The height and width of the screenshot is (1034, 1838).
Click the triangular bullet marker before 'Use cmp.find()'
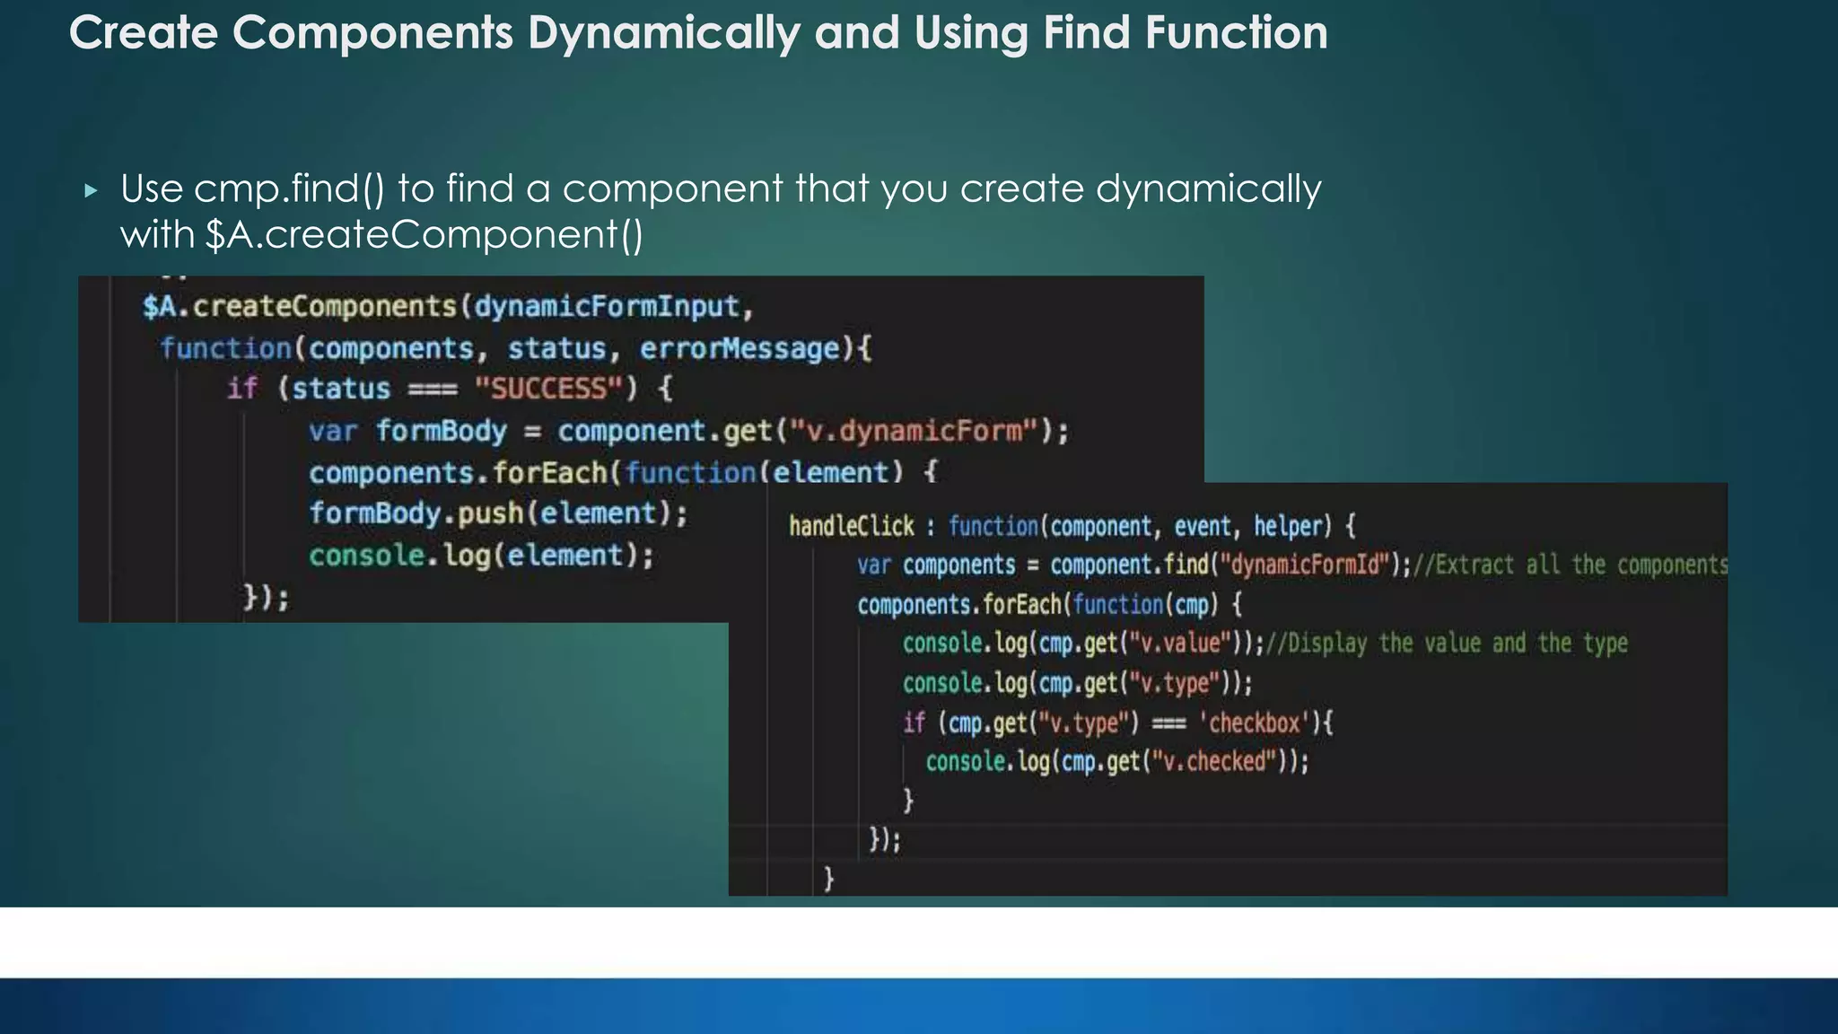pos(91,190)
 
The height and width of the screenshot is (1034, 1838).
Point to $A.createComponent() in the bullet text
pos(424,235)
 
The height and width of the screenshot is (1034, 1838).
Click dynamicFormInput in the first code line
pos(607,307)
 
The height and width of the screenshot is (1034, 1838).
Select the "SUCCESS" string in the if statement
pos(548,389)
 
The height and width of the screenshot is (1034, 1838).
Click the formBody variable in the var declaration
pos(441,431)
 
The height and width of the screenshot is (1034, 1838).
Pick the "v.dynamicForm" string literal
pos(914,431)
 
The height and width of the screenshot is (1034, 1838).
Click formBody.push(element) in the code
pos(497,513)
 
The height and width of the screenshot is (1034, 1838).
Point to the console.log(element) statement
pos(481,556)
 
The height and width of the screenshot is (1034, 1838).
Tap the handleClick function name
pos(851,526)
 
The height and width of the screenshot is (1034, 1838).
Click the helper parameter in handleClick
pos(1292,526)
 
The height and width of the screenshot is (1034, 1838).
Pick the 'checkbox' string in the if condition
pos(1254,723)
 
